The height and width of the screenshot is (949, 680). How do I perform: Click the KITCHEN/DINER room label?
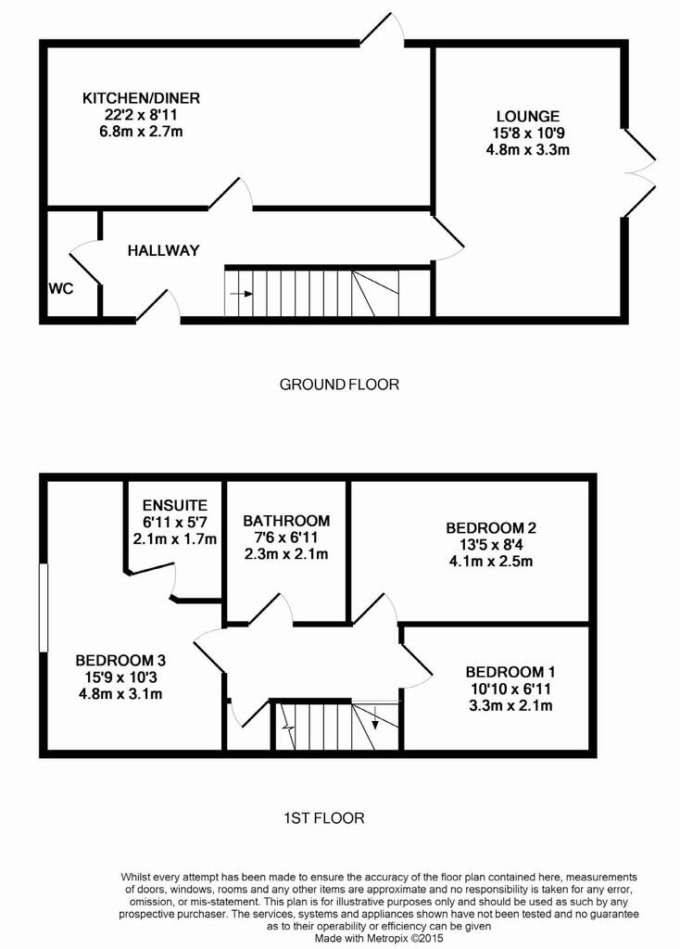pos(141,98)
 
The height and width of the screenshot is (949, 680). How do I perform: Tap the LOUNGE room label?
pos(527,116)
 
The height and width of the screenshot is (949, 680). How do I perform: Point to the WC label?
pos(60,289)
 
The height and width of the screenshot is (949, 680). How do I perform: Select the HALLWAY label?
pos(163,250)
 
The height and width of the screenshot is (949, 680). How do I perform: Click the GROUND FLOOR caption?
pos(339,385)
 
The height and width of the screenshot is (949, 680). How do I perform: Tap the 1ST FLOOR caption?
pos(324,818)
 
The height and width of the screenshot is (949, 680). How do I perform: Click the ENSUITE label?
pos(175,505)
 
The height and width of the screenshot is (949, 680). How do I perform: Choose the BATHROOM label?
pos(286,521)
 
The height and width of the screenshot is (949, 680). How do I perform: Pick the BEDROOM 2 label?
pos(491,527)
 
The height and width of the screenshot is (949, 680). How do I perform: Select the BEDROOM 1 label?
pos(510,672)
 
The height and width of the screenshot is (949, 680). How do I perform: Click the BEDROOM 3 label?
pos(120,660)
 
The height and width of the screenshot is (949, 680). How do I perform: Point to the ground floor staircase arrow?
pos(242,294)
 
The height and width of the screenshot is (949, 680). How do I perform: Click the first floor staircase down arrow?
pos(375,716)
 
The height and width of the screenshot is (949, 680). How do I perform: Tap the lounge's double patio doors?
pos(639,172)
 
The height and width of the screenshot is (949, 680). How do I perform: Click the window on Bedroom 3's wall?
pos(43,608)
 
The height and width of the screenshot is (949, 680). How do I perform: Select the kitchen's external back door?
pos(383,29)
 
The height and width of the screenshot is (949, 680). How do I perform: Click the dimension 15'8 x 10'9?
pos(527,133)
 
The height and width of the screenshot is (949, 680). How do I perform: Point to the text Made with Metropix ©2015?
pos(379,939)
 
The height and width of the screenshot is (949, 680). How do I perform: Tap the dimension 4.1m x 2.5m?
pos(491,561)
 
